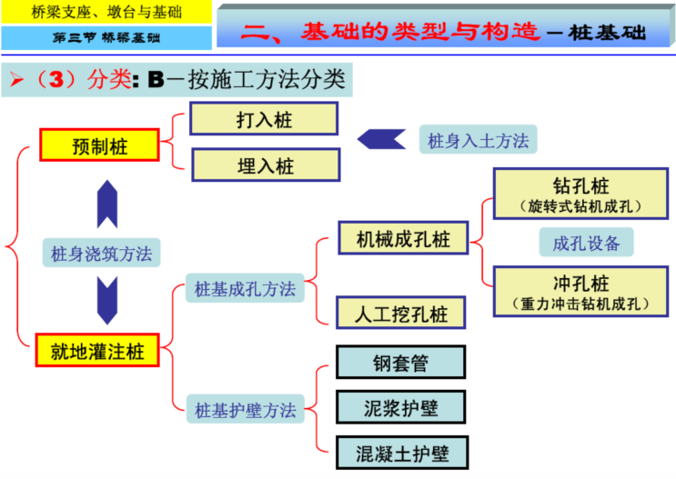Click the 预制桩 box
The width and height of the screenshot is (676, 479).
[99, 145]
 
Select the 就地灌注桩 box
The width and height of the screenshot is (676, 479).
[99, 350]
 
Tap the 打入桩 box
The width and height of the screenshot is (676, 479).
[264, 119]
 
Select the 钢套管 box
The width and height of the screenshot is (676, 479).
[400, 363]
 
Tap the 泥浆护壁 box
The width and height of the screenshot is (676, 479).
[400, 406]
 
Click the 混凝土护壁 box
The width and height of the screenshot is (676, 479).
[400, 451]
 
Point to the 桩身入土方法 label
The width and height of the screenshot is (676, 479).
[478, 140]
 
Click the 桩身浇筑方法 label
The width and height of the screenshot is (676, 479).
[101, 254]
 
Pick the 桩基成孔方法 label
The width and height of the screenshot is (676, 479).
[245, 289]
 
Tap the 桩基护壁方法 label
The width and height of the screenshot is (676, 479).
[245, 410]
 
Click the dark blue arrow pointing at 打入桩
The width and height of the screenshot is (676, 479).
[381, 139]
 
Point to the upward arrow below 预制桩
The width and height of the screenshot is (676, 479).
[107, 204]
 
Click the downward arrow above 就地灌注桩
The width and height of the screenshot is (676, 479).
[107, 299]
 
